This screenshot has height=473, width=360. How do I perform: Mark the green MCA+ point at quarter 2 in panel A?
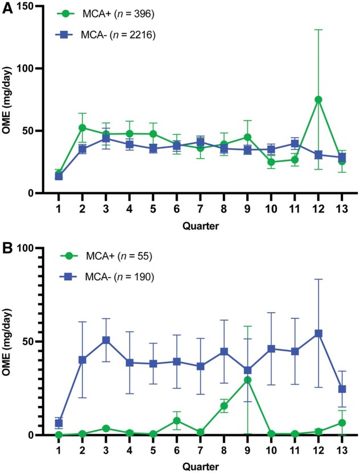point(82,128)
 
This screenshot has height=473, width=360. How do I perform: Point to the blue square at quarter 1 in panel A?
point(59,176)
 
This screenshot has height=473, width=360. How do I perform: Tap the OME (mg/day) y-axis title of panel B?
point(8,342)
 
